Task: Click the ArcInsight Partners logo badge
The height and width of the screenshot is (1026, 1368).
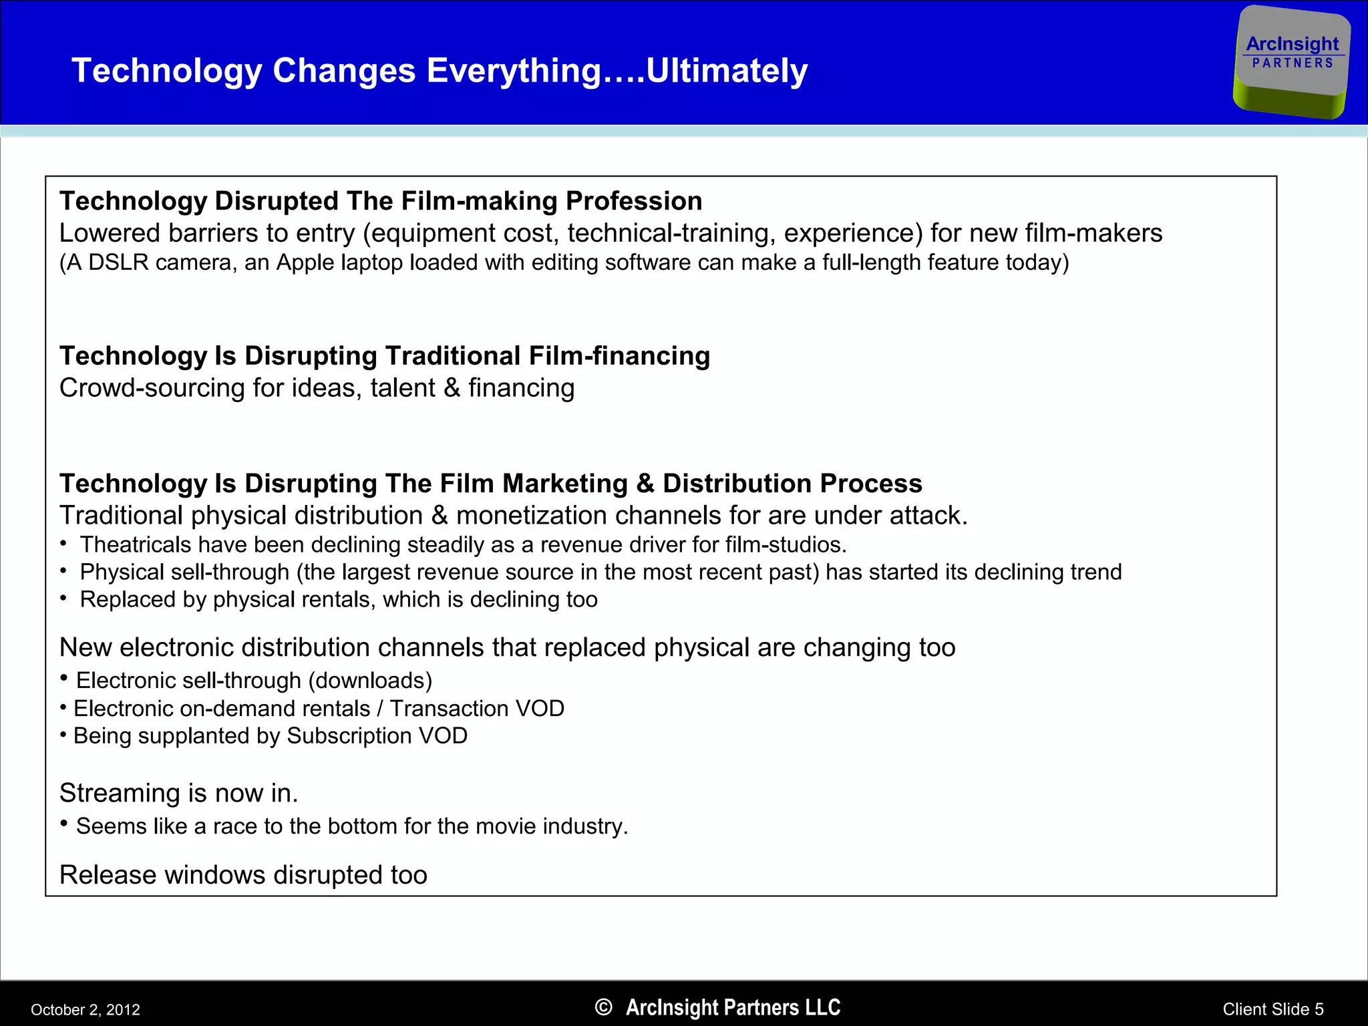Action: (1292, 61)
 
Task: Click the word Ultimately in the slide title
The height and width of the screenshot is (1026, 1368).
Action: (727, 71)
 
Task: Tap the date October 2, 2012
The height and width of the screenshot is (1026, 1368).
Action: (85, 1009)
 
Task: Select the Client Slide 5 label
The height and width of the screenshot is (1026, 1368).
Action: (1272, 1009)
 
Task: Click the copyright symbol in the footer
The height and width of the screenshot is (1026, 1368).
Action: (603, 1007)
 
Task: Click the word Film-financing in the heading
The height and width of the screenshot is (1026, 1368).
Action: (619, 356)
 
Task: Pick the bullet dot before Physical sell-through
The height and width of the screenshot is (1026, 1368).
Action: (63, 571)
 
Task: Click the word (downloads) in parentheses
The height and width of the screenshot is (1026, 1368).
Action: (370, 681)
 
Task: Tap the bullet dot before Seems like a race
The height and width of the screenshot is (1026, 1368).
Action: (64, 823)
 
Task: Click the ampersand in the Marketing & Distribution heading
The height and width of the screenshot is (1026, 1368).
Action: (645, 484)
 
